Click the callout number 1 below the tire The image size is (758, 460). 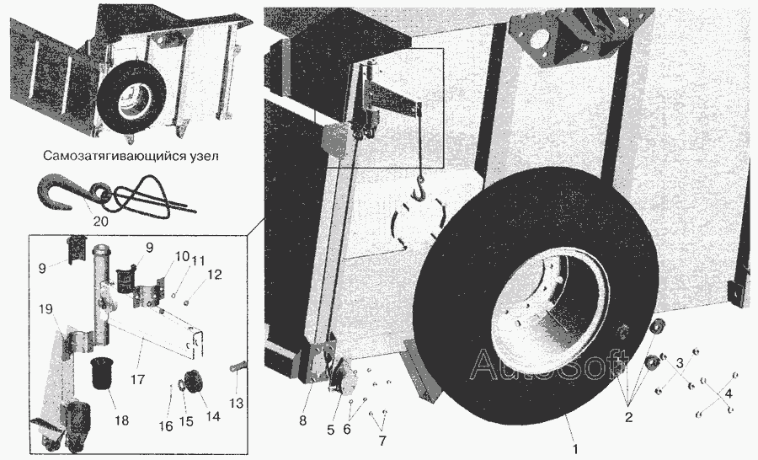(575, 448)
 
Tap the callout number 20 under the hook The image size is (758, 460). (100, 221)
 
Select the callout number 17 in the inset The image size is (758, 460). (138, 379)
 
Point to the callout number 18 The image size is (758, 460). (122, 420)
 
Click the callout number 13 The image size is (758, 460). (237, 403)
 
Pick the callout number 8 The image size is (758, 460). (302, 420)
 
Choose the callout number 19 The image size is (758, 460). (45, 309)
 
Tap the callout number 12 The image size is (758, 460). (215, 275)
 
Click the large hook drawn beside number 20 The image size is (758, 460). (57, 193)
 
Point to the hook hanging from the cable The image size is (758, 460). (420, 188)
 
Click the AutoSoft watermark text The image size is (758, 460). (547, 364)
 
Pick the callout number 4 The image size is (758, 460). (729, 393)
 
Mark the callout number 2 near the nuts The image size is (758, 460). (628, 417)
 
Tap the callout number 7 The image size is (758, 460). (382, 441)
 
